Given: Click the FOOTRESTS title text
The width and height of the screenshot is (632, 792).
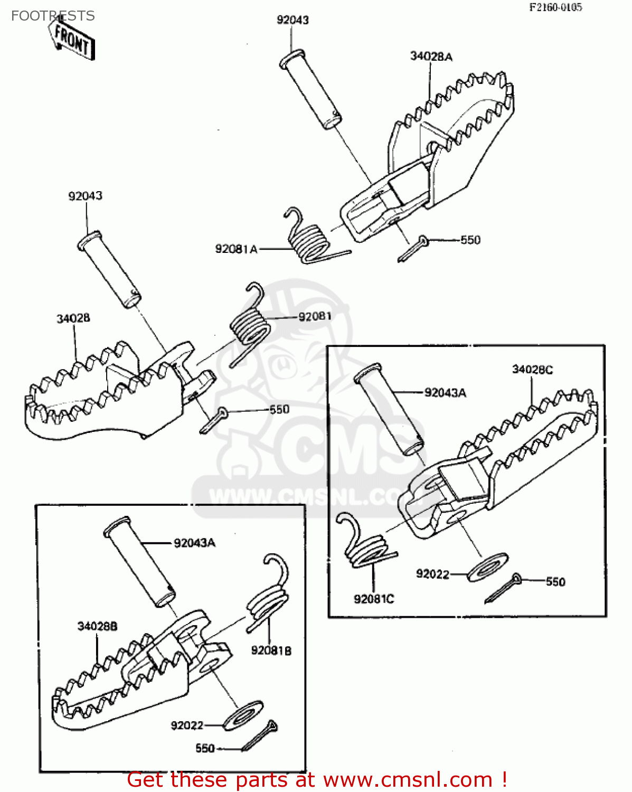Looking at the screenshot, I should pyautogui.click(x=53, y=16).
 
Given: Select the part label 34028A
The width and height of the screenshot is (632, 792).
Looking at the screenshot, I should pyautogui.click(x=431, y=56).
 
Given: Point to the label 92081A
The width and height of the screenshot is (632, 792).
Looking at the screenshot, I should pyautogui.click(x=236, y=249).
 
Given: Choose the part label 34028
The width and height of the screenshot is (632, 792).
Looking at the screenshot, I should pyautogui.click(x=73, y=318).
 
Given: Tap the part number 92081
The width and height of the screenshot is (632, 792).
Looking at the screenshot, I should pyautogui.click(x=315, y=316).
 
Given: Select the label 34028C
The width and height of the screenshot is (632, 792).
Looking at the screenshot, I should pyautogui.click(x=532, y=370).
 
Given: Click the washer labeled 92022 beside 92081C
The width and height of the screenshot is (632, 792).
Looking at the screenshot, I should pyautogui.click(x=488, y=567).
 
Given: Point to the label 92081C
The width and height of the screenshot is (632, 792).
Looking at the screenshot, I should pyautogui.click(x=374, y=599).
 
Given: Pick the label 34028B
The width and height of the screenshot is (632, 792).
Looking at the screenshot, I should pyautogui.click(x=97, y=627).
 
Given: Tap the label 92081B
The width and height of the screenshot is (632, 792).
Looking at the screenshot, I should pyautogui.click(x=271, y=650).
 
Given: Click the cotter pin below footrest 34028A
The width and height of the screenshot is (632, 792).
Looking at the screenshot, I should pyautogui.click(x=412, y=249).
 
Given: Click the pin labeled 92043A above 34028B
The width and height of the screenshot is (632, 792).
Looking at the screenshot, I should pyautogui.click(x=139, y=562).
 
